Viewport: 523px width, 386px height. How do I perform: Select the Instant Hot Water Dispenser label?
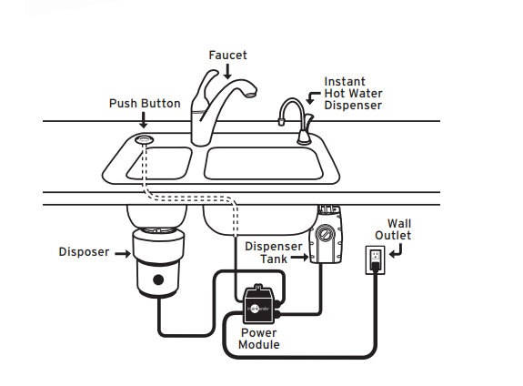click(353, 93)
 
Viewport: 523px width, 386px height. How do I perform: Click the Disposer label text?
click(84, 252)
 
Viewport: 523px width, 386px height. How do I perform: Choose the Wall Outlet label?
click(398, 229)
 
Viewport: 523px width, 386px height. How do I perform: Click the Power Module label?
click(259, 339)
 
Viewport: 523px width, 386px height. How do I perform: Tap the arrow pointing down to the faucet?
click(226, 71)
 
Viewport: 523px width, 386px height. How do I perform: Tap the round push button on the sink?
click(144, 139)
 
